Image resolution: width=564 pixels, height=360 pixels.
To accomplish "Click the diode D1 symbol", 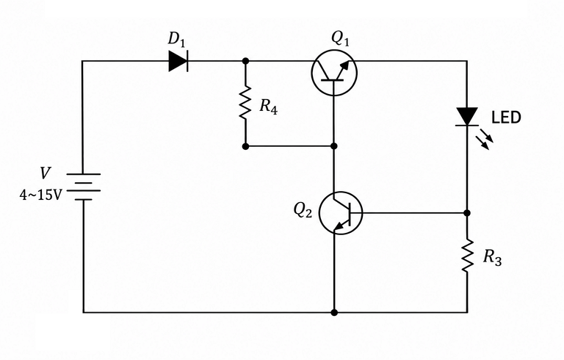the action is click(178, 61).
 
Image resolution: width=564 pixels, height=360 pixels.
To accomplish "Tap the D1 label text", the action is click(176, 39).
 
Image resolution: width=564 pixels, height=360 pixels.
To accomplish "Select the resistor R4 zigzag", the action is click(246, 103).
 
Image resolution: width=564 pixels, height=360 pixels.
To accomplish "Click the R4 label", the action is click(269, 107).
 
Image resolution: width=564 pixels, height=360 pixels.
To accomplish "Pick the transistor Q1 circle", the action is click(312, 73).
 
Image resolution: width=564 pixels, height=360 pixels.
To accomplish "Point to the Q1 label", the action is click(340, 39).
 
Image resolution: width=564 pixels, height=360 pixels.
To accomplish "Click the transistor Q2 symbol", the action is click(340, 213).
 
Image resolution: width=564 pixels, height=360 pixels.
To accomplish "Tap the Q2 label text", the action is click(303, 210).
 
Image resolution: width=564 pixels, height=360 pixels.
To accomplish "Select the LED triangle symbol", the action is click(467, 116).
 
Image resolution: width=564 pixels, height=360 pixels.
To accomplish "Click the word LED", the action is click(506, 118).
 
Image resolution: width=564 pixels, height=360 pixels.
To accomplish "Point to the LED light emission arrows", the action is click(485, 139).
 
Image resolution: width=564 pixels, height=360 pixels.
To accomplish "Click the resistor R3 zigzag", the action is click(467, 255).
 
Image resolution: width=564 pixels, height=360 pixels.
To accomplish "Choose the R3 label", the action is click(493, 257).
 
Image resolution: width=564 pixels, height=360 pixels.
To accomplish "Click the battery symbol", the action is click(84, 187).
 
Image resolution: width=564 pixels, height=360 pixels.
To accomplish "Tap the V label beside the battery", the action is click(45, 173).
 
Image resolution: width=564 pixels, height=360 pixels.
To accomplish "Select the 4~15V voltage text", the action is click(40, 195).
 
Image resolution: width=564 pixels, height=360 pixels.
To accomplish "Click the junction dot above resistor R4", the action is click(246, 61).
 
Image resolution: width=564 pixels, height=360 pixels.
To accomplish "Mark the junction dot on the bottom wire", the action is click(334, 312).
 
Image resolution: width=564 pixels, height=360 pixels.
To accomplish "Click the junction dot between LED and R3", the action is click(467, 213).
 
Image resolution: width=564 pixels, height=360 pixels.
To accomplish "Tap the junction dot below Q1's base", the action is click(334, 145).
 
